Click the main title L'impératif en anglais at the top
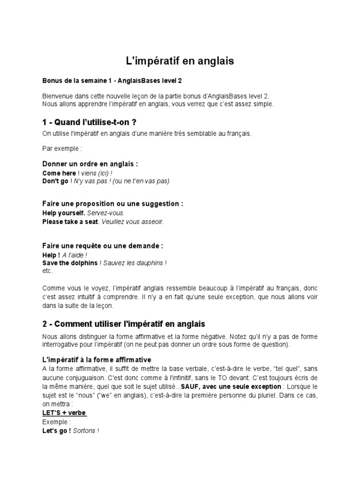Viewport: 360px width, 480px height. coord(180,61)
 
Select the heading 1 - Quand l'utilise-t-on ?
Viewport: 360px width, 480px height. coord(89,122)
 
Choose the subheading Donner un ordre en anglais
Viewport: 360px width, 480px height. coord(90,164)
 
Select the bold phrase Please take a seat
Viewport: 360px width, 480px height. coord(70,221)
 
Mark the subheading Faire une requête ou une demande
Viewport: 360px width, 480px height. coord(103,246)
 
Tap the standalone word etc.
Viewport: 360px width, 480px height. coord(48,271)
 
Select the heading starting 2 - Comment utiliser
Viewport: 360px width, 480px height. coord(124,324)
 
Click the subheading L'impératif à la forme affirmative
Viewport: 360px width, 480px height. coord(97,360)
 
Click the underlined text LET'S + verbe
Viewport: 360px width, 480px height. coord(64,412)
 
